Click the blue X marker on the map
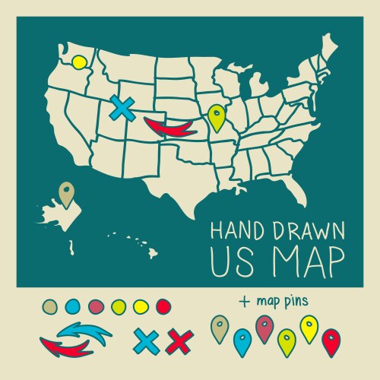(x=120, y=108)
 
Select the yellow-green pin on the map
(x=217, y=117)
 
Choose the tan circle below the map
(x=51, y=306)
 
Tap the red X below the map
(x=178, y=341)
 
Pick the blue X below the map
(x=144, y=340)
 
